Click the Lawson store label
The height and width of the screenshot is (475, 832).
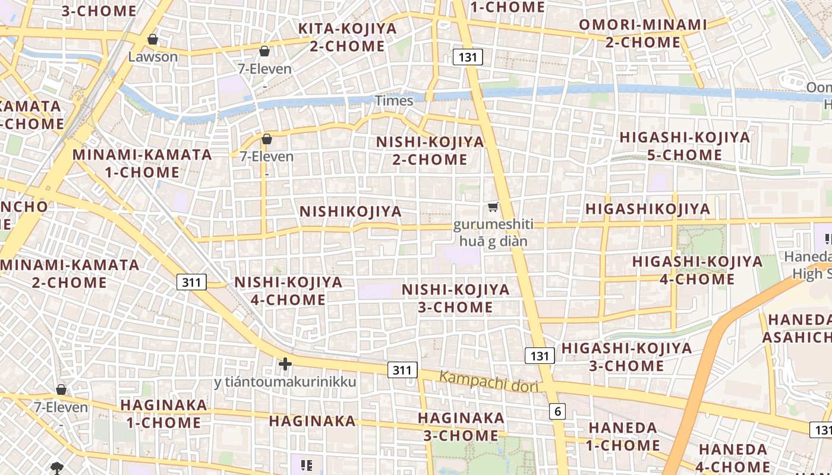pyautogui.click(x=153, y=57)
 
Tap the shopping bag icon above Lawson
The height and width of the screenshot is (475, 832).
pyautogui.click(x=153, y=40)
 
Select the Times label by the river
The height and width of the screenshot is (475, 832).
pyautogui.click(x=393, y=101)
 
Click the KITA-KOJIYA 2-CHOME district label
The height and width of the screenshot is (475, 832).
pyautogui.click(x=347, y=37)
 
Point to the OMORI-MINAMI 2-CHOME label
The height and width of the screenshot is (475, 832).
pyautogui.click(x=643, y=33)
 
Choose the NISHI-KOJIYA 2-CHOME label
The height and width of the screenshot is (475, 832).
pyautogui.click(x=430, y=150)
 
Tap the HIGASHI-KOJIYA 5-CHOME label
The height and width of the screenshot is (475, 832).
pyautogui.click(x=685, y=146)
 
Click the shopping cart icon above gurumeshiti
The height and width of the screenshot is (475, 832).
pyautogui.click(x=493, y=207)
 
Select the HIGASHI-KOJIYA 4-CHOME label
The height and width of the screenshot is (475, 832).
pyautogui.click(x=697, y=270)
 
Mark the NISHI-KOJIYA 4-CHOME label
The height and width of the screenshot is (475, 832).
pyautogui.click(x=288, y=291)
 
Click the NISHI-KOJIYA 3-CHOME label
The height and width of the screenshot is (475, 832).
pyautogui.click(x=455, y=298)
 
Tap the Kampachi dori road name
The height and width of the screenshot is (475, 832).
pyautogui.click(x=489, y=382)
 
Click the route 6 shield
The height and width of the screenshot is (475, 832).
pyautogui.click(x=557, y=411)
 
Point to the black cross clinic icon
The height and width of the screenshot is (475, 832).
pyautogui.click(x=285, y=364)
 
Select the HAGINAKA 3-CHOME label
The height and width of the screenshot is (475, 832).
pyautogui.click(x=461, y=426)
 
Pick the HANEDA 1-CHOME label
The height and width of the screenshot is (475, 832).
pyautogui.click(x=623, y=436)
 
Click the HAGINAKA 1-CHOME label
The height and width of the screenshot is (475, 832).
pyautogui.click(x=163, y=414)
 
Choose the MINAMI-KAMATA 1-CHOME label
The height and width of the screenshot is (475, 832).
pyautogui.click(x=142, y=163)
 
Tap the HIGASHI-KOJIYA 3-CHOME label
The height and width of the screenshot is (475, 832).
pyautogui.click(x=627, y=356)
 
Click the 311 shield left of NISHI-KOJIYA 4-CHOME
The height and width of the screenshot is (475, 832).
pyautogui.click(x=191, y=282)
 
